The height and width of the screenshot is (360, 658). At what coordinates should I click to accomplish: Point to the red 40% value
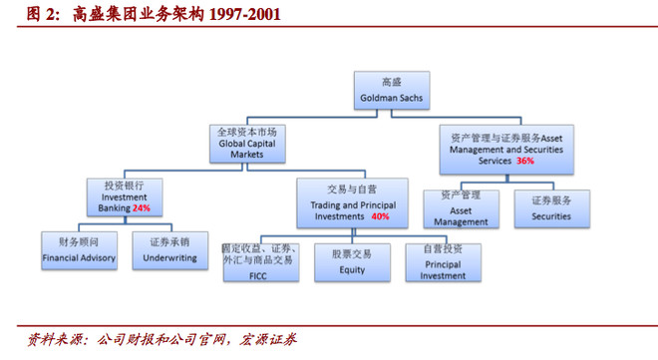[x=380, y=215]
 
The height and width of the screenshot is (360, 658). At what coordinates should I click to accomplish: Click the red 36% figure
[x=525, y=160]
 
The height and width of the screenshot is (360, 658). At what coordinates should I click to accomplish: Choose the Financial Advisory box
[x=79, y=249]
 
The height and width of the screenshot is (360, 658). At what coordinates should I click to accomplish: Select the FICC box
[x=258, y=260]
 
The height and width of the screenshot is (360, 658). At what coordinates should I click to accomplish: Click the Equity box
[x=351, y=261]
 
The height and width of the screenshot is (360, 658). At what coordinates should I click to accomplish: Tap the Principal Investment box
[x=444, y=260]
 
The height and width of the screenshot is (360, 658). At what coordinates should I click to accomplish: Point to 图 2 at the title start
[x=36, y=15]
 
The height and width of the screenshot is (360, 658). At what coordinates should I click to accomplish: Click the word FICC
[x=258, y=274]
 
